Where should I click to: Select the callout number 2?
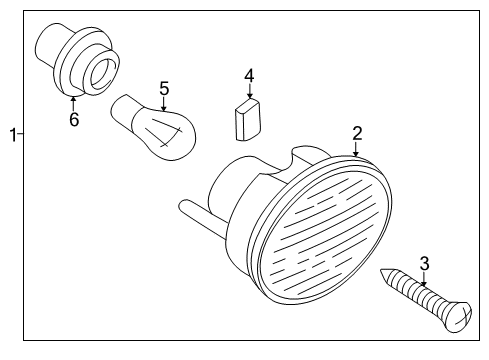[356, 133]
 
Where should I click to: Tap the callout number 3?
[424, 264]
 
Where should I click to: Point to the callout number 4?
[249, 75]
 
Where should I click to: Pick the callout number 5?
[164, 89]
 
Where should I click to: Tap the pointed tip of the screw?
[384, 277]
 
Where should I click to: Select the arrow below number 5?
[164, 104]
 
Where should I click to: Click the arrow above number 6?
[73, 102]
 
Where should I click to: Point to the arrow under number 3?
[424, 279]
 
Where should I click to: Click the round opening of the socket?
[101, 72]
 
